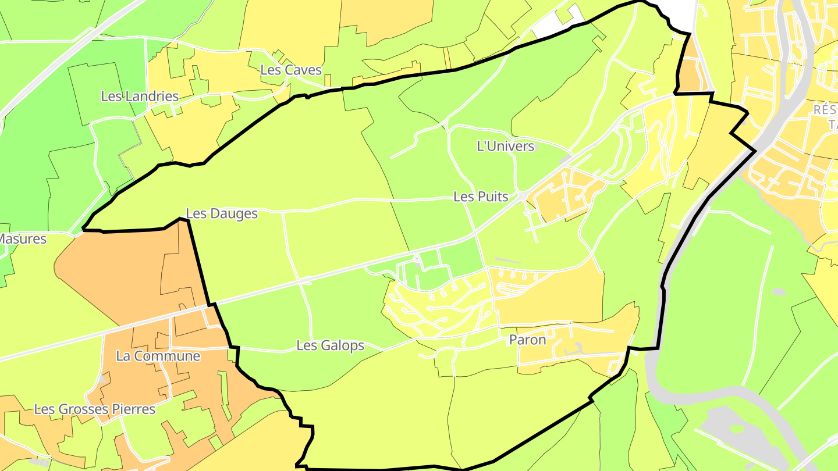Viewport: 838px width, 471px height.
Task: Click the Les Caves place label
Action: click(x=290, y=70)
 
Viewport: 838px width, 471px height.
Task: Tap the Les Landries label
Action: click(x=140, y=97)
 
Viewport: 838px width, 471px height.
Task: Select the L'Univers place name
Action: click(x=505, y=147)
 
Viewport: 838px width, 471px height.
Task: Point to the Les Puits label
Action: click(x=481, y=197)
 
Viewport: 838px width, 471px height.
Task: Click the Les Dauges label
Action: click(x=222, y=214)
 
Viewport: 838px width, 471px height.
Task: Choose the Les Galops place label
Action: click(x=330, y=346)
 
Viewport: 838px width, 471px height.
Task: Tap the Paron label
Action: click(x=527, y=340)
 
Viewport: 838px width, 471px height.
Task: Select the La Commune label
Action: click(x=158, y=356)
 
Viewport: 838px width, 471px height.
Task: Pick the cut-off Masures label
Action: click(x=23, y=239)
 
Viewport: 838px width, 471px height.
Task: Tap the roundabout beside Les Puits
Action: click(x=524, y=197)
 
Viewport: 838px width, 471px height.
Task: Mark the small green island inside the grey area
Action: click(x=737, y=429)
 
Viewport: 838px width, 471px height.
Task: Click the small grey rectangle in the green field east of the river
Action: click(x=778, y=291)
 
